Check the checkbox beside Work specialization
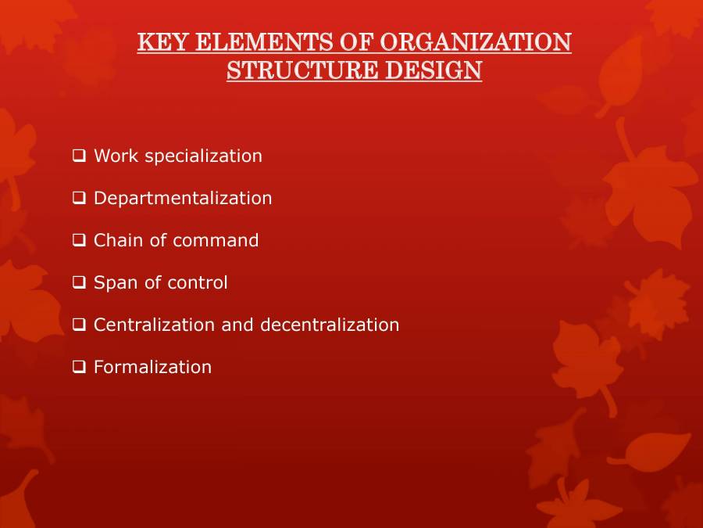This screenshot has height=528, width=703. (79, 156)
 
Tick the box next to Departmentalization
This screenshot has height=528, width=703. (79, 198)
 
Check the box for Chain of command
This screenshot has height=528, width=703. (79, 240)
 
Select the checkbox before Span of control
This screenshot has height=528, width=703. (79, 282)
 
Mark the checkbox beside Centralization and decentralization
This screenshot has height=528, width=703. (79, 325)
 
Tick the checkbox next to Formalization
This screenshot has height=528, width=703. (79, 367)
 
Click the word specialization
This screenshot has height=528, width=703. (204, 156)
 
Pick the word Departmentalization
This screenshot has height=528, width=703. (183, 199)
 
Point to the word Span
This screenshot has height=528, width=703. (111, 283)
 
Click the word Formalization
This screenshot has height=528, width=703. (152, 367)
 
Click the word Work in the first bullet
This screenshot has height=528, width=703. (112, 156)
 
